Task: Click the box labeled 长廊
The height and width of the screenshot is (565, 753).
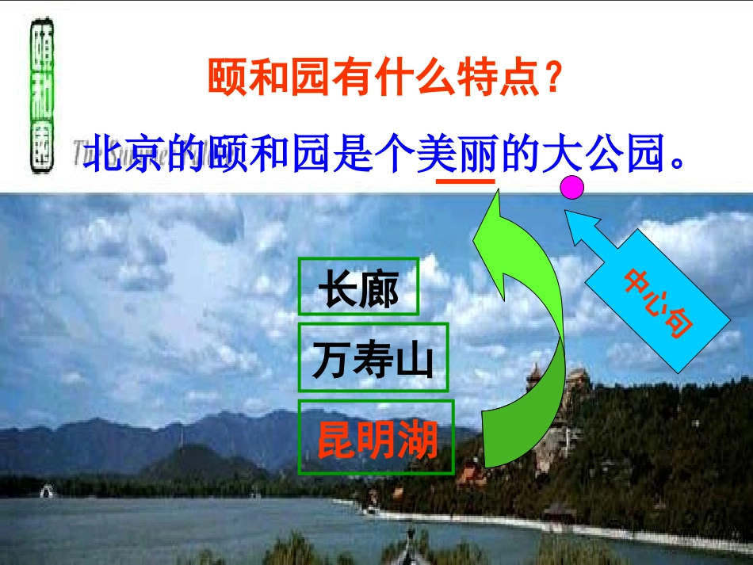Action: pos(358,286)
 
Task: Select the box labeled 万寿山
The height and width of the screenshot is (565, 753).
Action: pos(373,357)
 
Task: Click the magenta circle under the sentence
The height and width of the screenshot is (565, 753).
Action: pos(572,188)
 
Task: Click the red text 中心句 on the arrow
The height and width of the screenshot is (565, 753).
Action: pos(658,305)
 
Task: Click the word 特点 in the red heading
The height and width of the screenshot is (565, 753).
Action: pos(499,79)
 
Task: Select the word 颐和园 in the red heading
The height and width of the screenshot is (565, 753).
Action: pos(250,79)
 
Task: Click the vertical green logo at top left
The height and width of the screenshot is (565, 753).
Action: pos(42,98)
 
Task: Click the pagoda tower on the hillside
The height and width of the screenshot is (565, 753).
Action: pos(535,380)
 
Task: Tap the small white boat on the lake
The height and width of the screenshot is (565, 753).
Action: pos(48,491)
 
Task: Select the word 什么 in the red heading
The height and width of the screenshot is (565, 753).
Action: pos(416,79)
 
